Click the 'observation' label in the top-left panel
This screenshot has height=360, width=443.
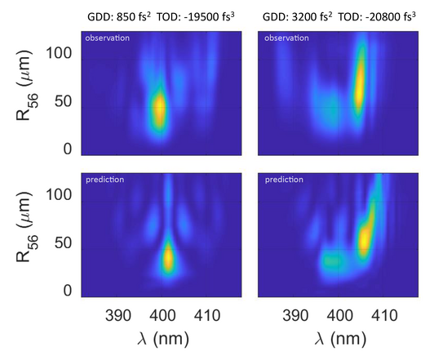(x=104, y=38)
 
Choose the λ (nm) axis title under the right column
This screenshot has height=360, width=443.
(x=337, y=337)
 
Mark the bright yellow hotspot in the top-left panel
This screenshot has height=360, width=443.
(x=160, y=109)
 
